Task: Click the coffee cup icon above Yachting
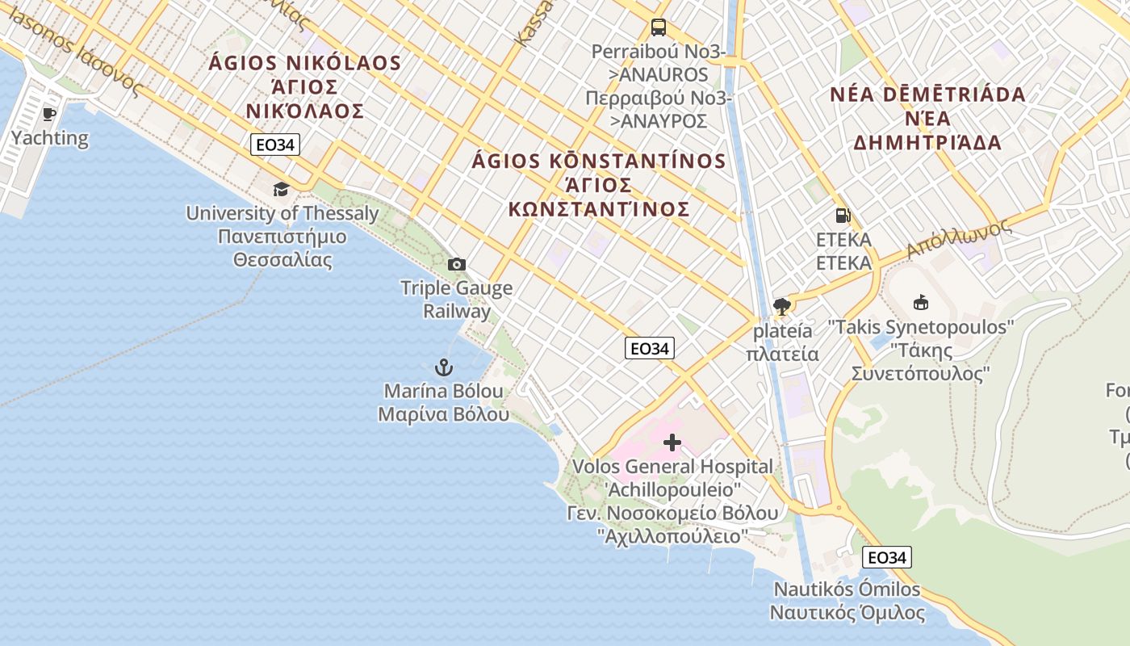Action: (49, 114)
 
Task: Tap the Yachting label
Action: (50, 137)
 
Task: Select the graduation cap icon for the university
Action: (281, 189)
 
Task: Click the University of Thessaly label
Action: (282, 214)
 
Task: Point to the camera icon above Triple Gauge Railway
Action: (456, 264)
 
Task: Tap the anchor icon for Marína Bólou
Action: (443, 368)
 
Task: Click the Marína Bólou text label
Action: (444, 392)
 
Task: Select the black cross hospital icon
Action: (672, 443)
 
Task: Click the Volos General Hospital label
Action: (672, 467)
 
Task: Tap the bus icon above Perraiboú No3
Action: (659, 27)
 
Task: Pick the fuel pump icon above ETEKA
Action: (843, 216)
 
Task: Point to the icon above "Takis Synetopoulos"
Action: (920, 303)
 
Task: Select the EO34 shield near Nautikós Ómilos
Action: (886, 557)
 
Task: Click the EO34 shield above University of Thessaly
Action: (275, 145)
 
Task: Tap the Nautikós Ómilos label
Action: (847, 589)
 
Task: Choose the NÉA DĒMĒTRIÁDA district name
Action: (927, 94)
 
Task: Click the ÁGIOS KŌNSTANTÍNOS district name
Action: (598, 161)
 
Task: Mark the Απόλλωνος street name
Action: (959, 239)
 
